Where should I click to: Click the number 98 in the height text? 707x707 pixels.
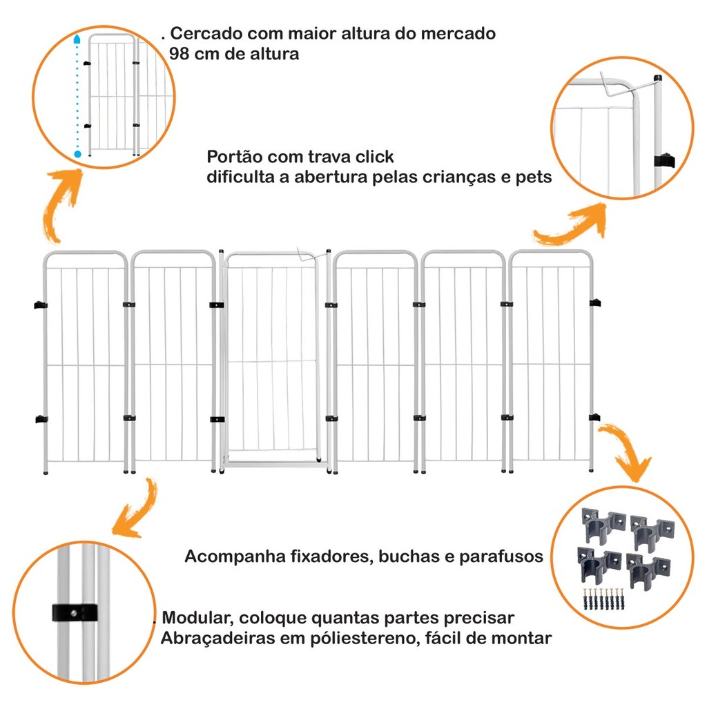(181, 55)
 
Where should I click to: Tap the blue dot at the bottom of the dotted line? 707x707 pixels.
(77, 153)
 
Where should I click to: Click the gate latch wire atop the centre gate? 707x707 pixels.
(304, 254)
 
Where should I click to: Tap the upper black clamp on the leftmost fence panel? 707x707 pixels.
(39, 304)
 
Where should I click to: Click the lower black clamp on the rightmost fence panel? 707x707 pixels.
(594, 417)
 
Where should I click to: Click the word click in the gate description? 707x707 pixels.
(373, 157)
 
